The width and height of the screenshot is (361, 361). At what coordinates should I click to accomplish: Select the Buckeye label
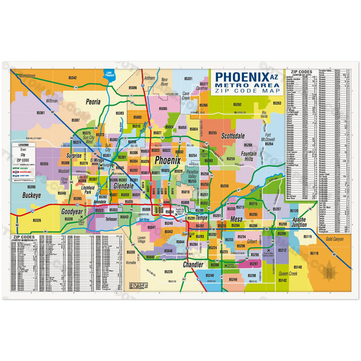(32, 195)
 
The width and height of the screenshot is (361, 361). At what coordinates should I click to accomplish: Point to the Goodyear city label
(72, 212)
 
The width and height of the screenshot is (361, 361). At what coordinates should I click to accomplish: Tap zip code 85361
(40, 113)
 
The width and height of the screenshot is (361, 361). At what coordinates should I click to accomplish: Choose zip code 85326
(37, 220)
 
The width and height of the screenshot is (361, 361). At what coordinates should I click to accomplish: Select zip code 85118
(314, 253)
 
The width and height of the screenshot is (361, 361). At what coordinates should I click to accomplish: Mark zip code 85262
(237, 104)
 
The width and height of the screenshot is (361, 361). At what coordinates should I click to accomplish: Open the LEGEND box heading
(30, 144)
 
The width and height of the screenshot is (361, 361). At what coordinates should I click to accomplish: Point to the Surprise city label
(75, 156)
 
